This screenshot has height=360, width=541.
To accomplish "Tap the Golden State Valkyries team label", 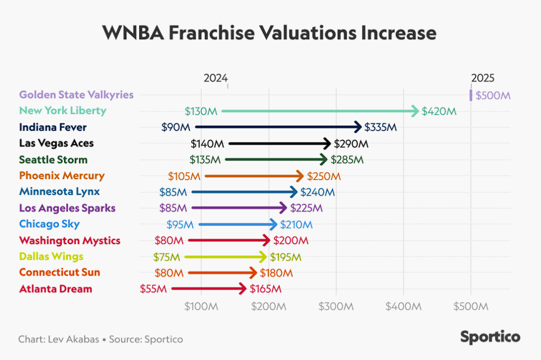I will tap(76, 95).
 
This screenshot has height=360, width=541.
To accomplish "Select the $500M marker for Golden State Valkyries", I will tap(471, 95).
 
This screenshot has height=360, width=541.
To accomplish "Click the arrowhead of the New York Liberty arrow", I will tap(415, 111).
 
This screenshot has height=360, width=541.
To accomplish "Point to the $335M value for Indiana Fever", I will tap(380, 127).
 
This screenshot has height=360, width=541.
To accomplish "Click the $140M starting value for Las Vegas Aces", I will tap(207, 143).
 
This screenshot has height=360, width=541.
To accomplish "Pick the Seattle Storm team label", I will tap(53, 160).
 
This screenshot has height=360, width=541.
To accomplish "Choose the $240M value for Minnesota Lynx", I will tap(317, 192).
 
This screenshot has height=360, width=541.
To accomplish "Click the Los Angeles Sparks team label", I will tap(67, 208).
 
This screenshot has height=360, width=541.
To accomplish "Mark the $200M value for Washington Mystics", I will tap(290, 240).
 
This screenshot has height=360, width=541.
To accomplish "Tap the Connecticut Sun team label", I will tap(59, 272).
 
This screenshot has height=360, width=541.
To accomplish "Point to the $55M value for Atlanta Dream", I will tap(154, 289).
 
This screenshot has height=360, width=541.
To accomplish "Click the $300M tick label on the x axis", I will tap(336, 306).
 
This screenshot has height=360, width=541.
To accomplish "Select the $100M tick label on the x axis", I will tap(201, 306).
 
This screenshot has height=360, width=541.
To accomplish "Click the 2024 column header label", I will tap(215, 78).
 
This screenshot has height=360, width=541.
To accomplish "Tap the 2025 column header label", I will tap(482, 78).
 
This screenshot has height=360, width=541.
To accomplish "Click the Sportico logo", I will tap(490, 337).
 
